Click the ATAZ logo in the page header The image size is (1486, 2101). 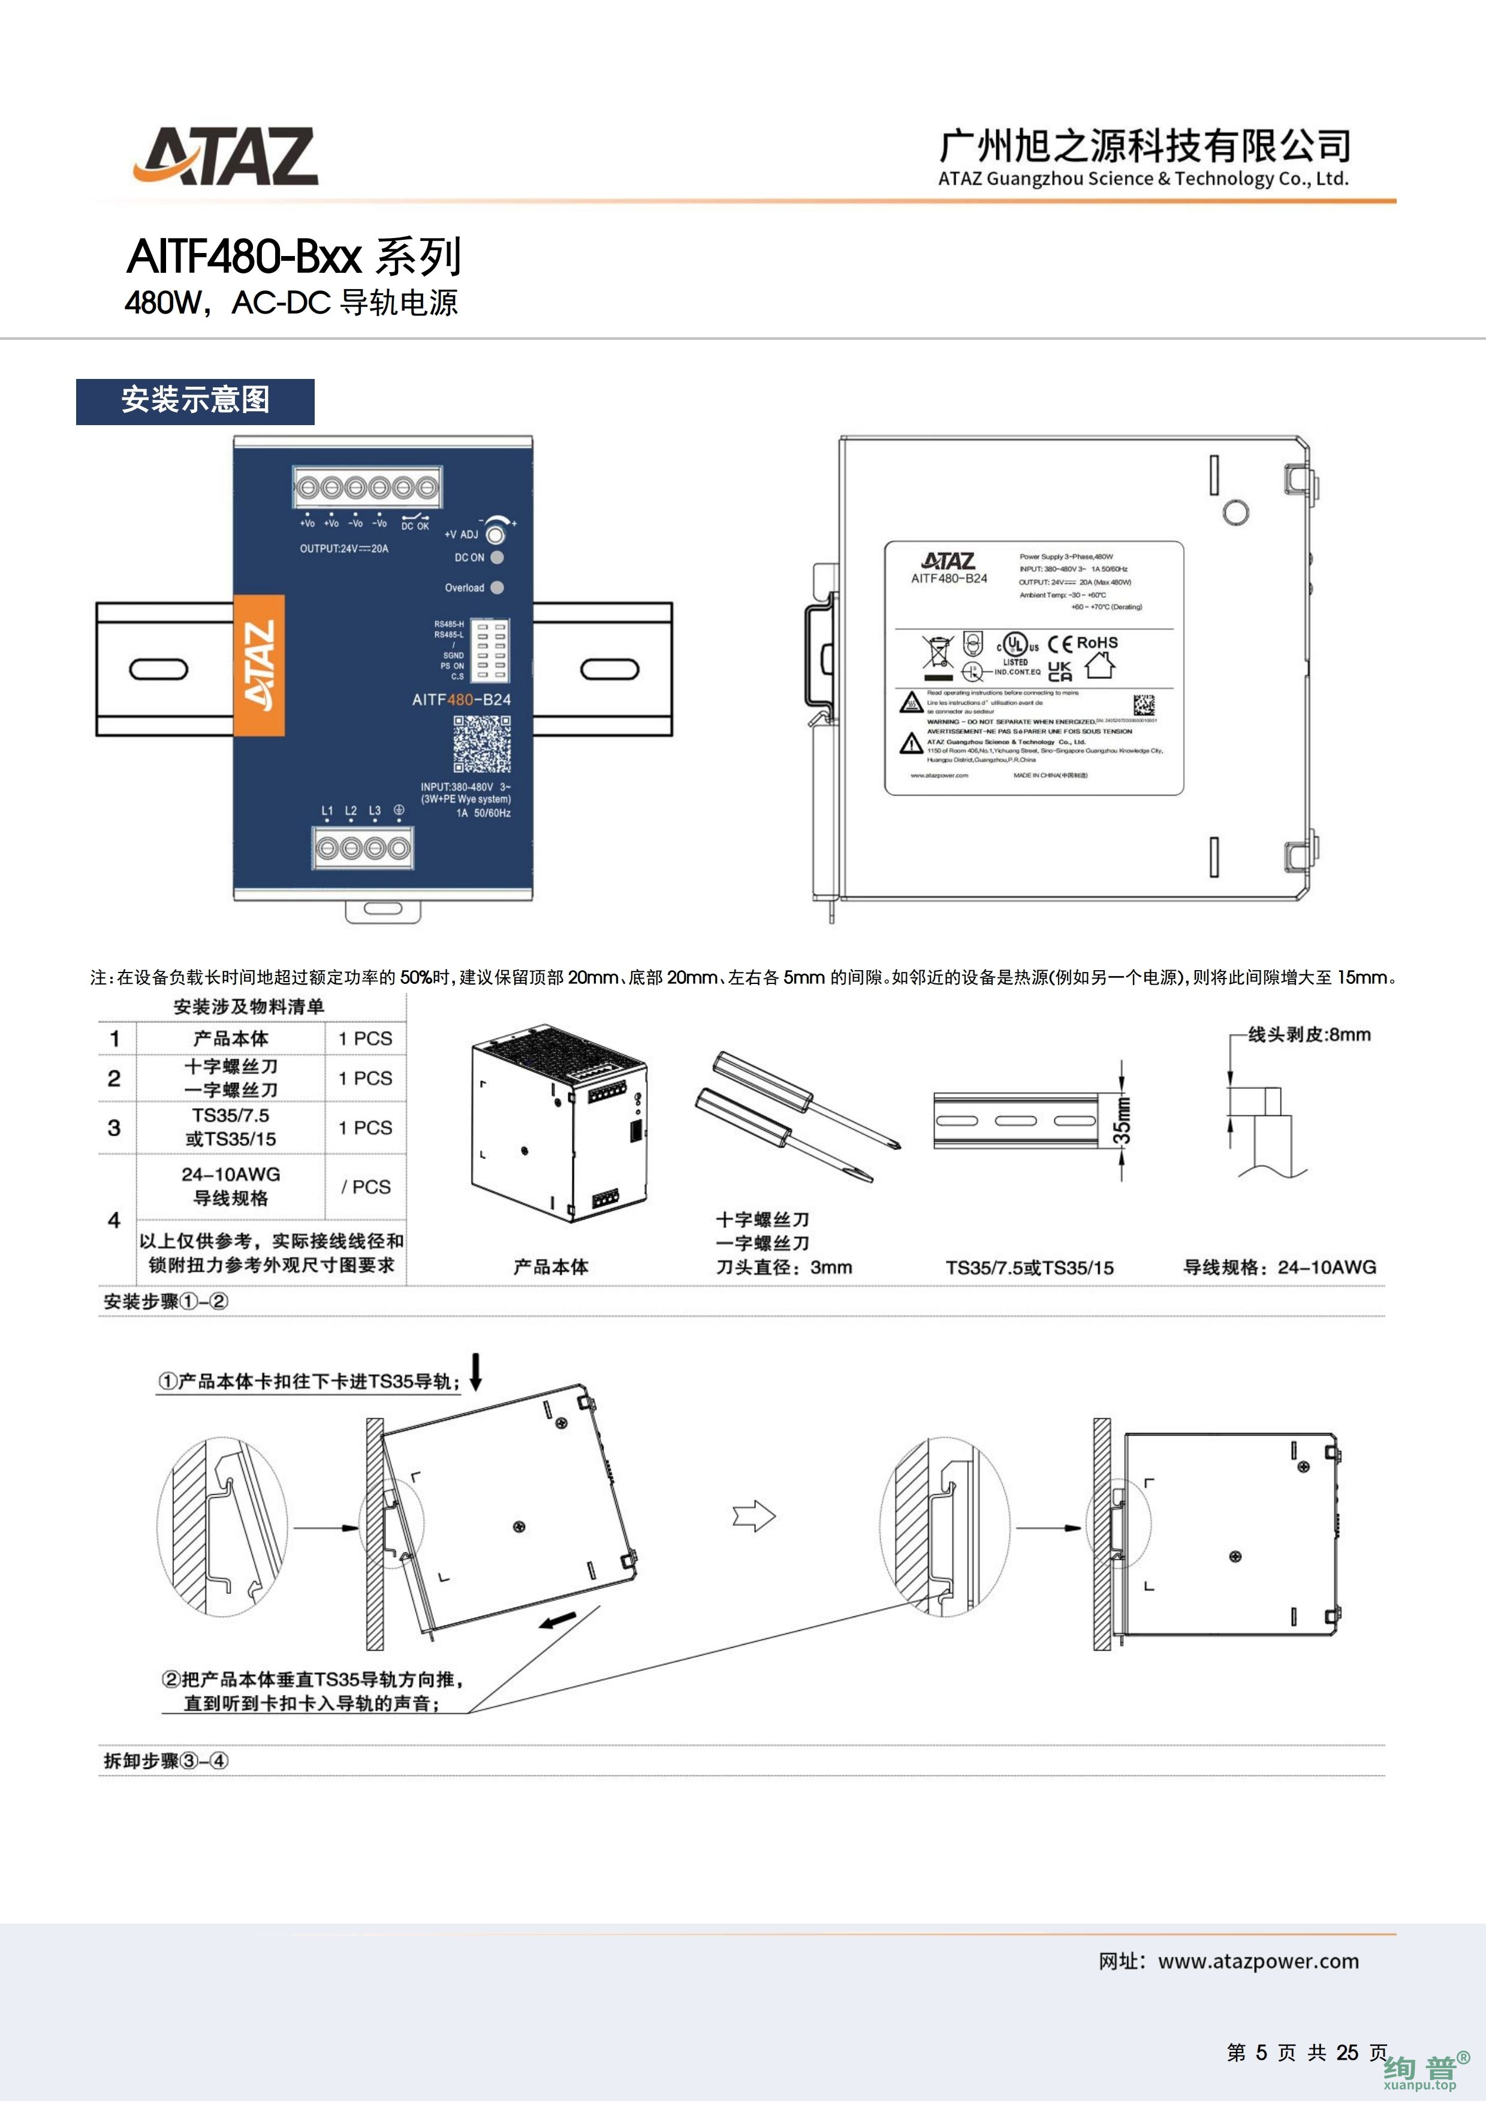[226, 156]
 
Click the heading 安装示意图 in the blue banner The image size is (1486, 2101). [195, 401]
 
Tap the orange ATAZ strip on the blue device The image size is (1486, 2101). [259, 665]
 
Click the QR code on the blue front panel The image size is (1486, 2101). [482, 744]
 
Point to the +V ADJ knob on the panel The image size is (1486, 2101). [495, 534]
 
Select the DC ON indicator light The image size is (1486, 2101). [497, 557]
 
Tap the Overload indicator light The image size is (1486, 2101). [497, 588]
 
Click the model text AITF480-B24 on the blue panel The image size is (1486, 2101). [461, 700]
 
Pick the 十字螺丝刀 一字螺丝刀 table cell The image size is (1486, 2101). [231, 1078]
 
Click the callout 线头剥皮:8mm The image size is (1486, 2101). [1309, 1035]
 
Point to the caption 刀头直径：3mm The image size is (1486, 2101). [783, 1268]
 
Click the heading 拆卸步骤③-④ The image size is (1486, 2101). [165, 1760]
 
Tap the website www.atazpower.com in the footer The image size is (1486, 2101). [1258, 1961]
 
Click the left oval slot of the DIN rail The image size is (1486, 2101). [158, 669]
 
